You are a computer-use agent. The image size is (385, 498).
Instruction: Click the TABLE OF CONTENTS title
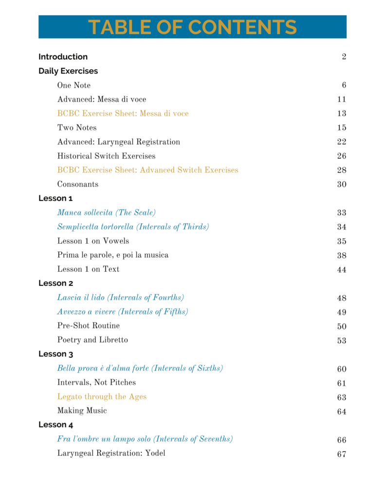click(192, 27)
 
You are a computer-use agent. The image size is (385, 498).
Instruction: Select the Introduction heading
click(63, 57)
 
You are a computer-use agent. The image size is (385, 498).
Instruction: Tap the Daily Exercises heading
click(68, 71)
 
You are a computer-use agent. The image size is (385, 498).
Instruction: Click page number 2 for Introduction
click(344, 57)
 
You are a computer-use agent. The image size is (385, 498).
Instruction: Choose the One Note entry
click(74, 85)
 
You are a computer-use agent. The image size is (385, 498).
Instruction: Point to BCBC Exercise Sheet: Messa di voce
click(123, 113)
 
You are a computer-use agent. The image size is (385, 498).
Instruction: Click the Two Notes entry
click(77, 127)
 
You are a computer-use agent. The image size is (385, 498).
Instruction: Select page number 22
click(341, 142)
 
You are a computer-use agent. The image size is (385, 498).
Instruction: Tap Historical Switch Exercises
click(107, 156)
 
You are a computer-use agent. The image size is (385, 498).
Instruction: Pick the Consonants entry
click(78, 184)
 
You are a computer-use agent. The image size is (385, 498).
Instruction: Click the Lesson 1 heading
click(55, 198)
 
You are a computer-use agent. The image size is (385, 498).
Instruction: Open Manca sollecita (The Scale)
click(107, 213)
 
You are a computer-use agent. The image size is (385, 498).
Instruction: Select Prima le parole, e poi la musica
click(113, 255)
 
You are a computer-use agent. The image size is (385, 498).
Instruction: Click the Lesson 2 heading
click(56, 283)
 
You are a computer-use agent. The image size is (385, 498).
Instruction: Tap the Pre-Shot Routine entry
click(89, 325)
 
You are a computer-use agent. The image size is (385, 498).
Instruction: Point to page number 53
click(341, 340)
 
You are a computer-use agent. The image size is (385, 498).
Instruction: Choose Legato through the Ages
click(102, 396)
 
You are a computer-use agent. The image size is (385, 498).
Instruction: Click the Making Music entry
click(82, 410)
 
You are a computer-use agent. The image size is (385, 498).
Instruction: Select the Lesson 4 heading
click(56, 425)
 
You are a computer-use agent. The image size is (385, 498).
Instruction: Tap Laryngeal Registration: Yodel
click(111, 453)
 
